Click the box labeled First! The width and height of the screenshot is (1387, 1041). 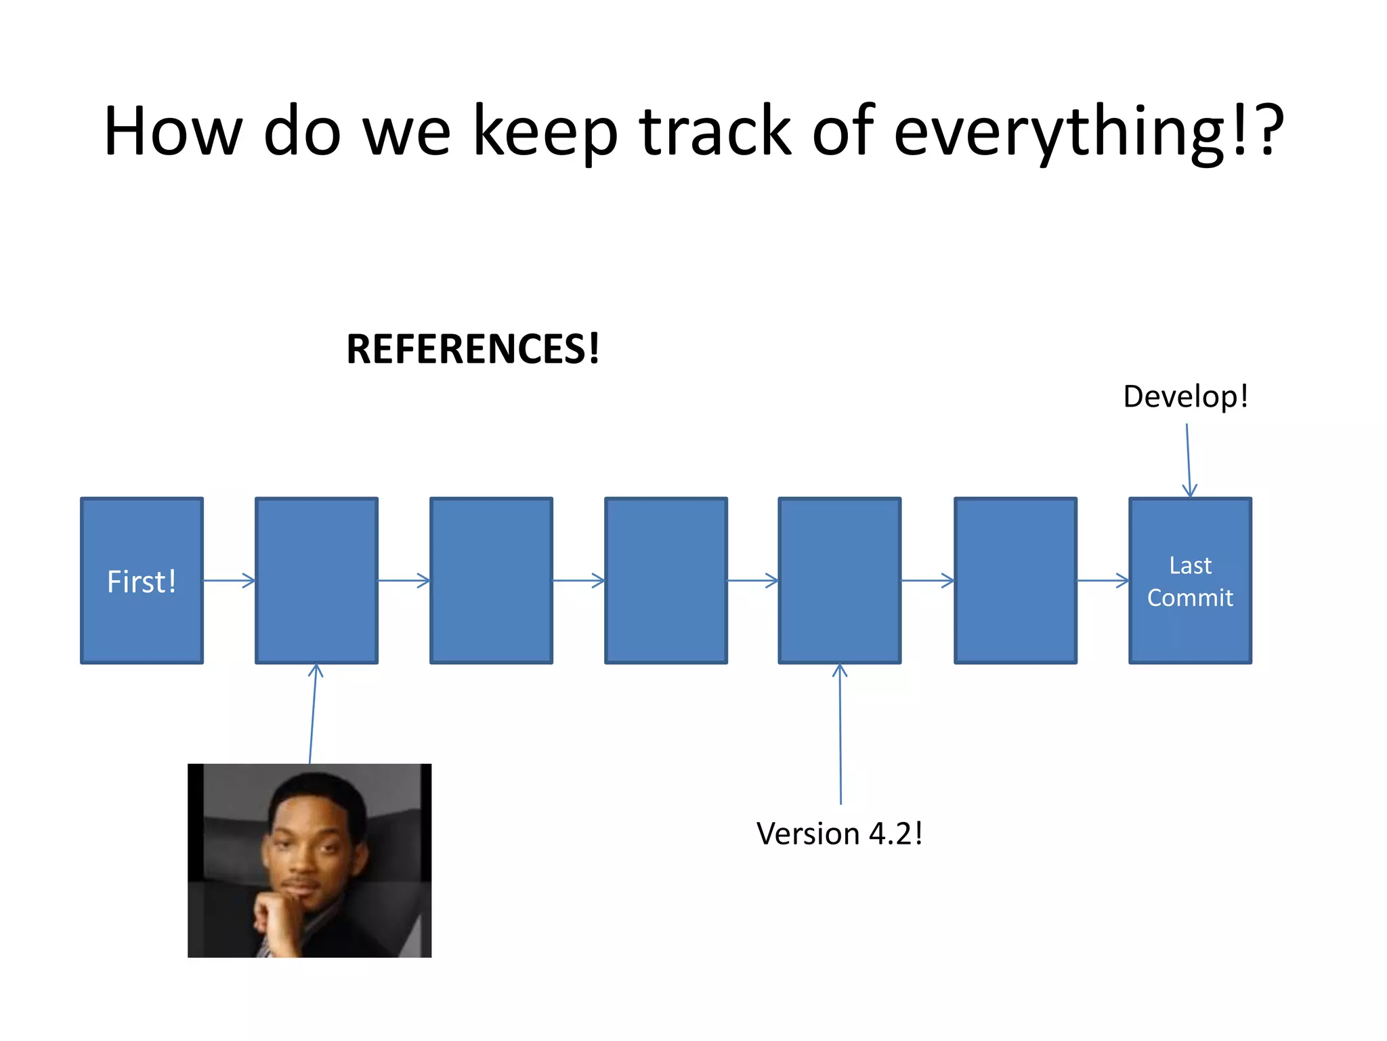142,581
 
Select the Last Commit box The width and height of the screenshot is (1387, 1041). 1190,581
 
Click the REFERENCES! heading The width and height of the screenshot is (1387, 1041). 473,349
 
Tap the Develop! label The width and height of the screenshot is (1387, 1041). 1185,396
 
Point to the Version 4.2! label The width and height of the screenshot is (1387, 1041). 839,834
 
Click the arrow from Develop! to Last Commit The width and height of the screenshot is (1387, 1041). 1188,461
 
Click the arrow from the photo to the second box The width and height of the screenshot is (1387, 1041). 313,715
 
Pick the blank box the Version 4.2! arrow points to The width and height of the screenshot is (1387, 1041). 840,581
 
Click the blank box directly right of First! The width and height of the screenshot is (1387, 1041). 316,581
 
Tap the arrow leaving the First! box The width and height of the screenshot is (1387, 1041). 229,580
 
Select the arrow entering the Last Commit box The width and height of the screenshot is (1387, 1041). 1103,580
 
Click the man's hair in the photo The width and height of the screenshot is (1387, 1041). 318,790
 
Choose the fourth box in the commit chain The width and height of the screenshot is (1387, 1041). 666,581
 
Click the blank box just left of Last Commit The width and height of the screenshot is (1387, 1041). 1015,581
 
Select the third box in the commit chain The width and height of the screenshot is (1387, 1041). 491,581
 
